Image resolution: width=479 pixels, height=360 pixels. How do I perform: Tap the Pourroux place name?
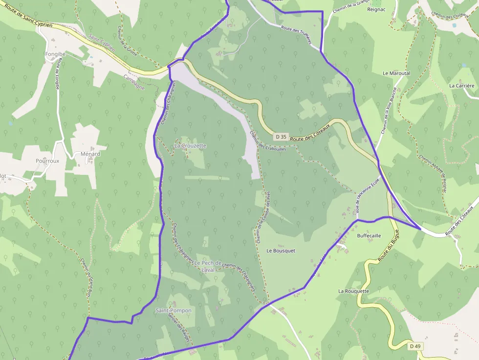47,161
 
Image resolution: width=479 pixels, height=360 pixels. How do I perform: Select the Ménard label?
90,154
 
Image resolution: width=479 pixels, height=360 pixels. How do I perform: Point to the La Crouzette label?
190,146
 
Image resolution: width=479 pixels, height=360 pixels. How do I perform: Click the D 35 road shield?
281,137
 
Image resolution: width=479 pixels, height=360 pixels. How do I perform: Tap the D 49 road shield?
415,346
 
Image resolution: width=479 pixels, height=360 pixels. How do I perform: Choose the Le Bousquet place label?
281,251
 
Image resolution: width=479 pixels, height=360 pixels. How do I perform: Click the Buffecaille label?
369,235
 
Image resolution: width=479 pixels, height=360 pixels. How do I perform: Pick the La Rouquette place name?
353,291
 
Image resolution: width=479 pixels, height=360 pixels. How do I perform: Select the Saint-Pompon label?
174,311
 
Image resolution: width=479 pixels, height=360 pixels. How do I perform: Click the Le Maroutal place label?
396,73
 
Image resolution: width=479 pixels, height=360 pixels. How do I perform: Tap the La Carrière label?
462,85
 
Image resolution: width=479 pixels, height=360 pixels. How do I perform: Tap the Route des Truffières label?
296,35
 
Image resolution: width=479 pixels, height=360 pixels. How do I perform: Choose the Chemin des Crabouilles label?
267,141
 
